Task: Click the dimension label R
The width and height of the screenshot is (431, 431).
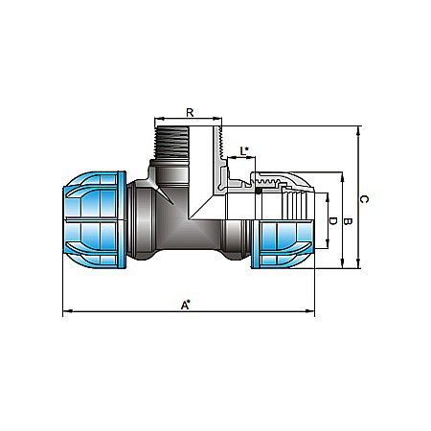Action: pyautogui.click(x=190, y=113)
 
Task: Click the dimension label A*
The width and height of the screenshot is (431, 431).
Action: pyautogui.click(x=187, y=304)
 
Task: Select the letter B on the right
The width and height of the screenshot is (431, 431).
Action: pyautogui.click(x=348, y=221)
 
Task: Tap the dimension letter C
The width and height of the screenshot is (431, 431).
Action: pyautogui.click(x=363, y=198)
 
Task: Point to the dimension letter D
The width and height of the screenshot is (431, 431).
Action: pyautogui.click(x=332, y=221)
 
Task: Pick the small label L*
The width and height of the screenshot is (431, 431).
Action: pyautogui.click(x=245, y=150)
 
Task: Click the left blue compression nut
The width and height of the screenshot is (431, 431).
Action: pyautogui.click(x=93, y=216)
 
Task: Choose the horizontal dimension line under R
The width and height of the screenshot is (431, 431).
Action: pyautogui.click(x=188, y=122)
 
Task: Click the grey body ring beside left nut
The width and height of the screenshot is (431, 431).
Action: pyautogui.click(x=136, y=216)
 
